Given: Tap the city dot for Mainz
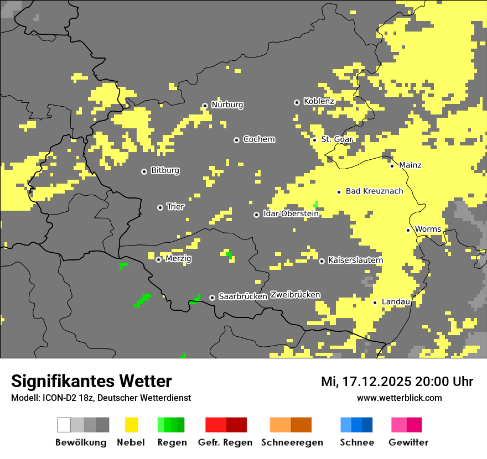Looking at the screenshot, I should click(x=392, y=165).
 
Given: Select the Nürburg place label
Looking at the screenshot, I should click(x=227, y=105).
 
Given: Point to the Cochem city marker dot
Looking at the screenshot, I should click(x=236, y=140).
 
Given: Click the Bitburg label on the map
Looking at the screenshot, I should click(x=165, y=170).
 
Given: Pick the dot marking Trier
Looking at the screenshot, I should click(x=160, y=207).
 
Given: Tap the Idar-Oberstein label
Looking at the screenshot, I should click(x=291, y=213).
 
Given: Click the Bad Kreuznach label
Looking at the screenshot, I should click(x=374, y=191).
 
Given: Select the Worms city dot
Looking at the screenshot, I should click(x=408, y=230).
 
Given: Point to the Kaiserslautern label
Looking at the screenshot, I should click(x=355, y=260).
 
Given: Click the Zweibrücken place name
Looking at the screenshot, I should click(x=295, y=295).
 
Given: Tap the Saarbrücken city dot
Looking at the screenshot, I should click(x=212, y=298).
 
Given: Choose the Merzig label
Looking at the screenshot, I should click(x=179, y=258).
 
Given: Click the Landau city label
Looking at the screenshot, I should click(x=396, y=301).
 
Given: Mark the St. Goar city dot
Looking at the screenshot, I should click(x=314, y=140).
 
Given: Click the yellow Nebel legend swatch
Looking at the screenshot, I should click(x=131, y=425).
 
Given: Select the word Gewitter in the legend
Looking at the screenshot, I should click(x=408, y=442).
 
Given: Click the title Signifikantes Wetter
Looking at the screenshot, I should click(x=91, y=381).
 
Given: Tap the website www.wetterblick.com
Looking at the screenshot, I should click(x=399, y=398).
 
